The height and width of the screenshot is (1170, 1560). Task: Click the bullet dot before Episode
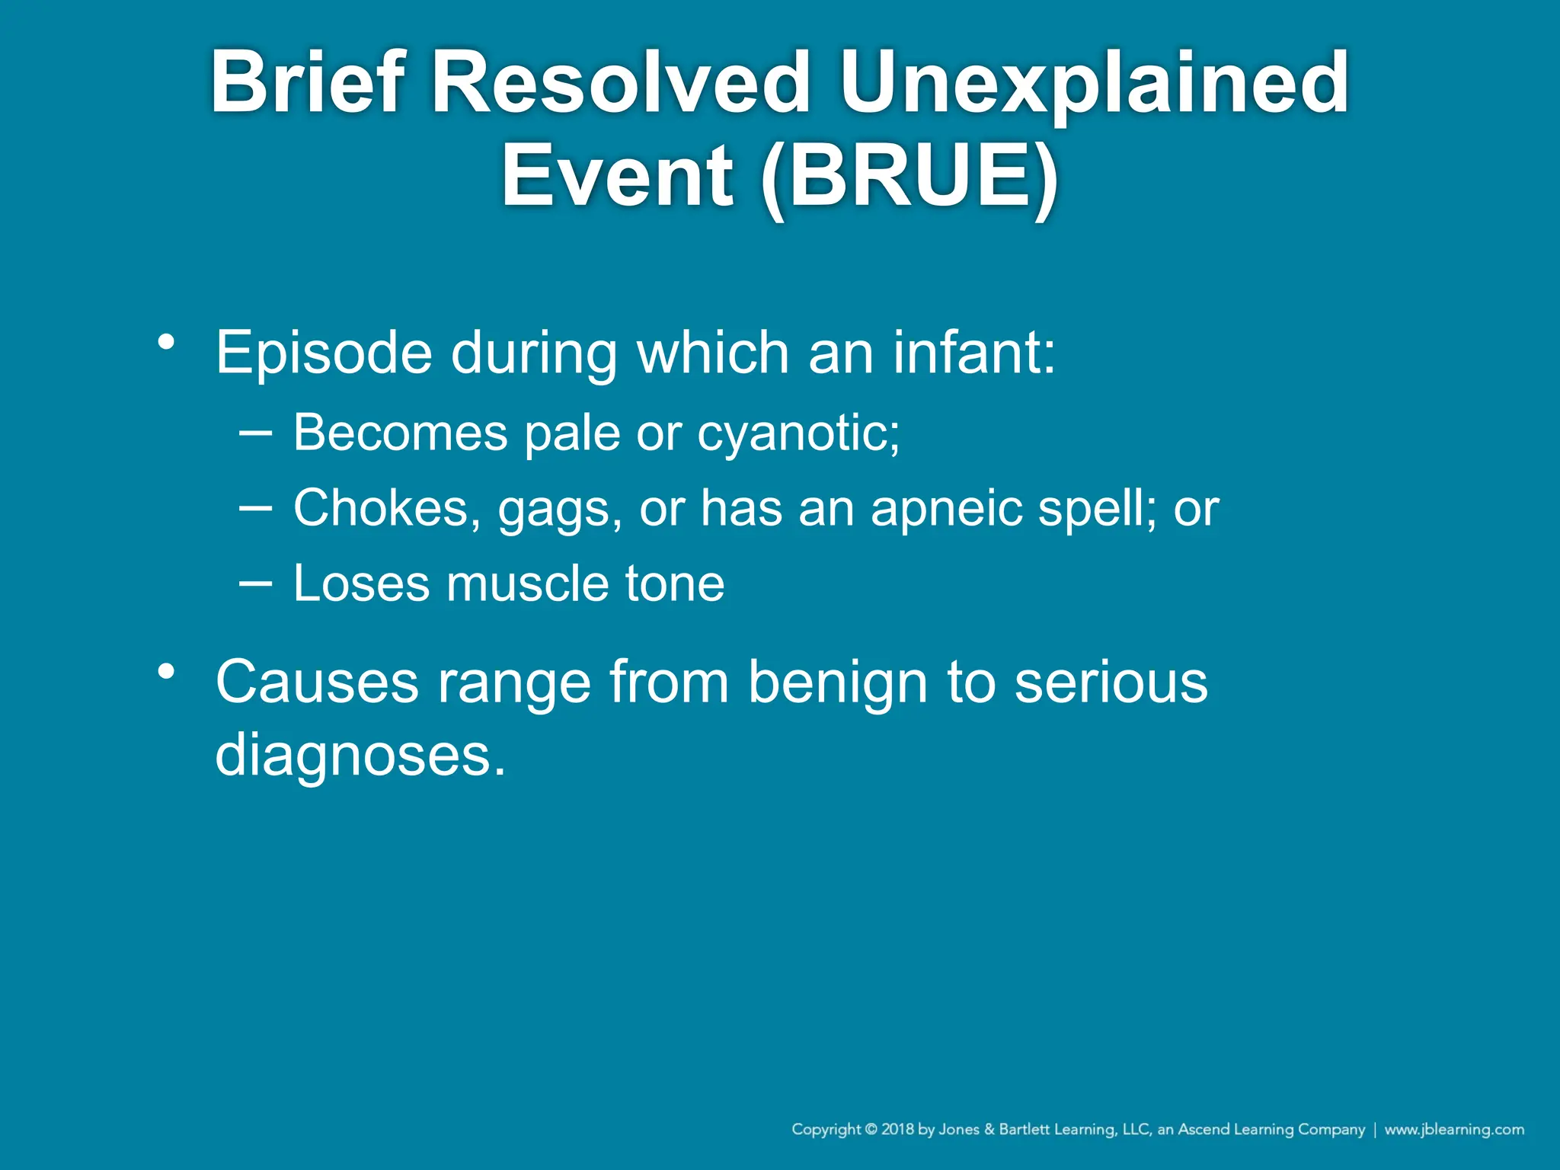(x=166, y=342)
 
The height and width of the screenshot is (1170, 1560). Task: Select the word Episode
(x=324, y=353)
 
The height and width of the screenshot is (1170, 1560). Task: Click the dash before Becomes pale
(x=255, y=432)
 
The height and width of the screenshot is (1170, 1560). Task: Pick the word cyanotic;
(x=798, y=433)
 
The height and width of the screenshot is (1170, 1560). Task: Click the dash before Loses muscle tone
(x=255, y=583)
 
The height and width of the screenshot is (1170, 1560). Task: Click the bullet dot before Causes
(x=166, y=672)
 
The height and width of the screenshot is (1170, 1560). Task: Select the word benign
(x=838, y=682)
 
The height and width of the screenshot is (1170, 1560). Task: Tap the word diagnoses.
(x=360, y=755)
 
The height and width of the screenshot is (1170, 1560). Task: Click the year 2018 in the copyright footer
(x=898, y=1129)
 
